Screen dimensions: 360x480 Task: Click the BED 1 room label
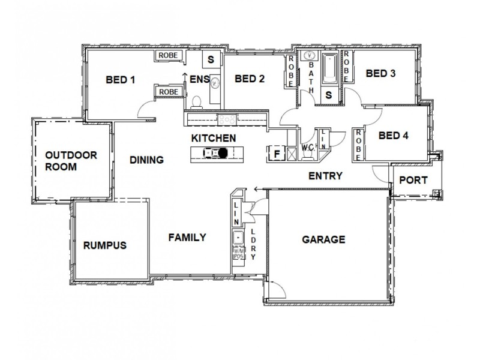(120, 79)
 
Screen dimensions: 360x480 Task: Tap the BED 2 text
(250, 79)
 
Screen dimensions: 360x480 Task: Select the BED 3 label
(380, 74)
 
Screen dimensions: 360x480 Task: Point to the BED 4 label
(394, 136)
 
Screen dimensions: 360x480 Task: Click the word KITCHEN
(213, 138)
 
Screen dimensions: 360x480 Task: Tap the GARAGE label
(323, 239)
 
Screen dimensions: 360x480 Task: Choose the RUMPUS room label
(104, 245)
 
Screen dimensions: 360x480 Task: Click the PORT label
(413, 179)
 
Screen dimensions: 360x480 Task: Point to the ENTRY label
(325, 176)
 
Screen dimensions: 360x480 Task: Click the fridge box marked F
(277, 154)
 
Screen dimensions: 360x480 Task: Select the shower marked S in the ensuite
(211, 59)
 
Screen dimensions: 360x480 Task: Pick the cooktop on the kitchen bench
(227, 120)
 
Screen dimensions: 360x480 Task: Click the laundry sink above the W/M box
(238, 237)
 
